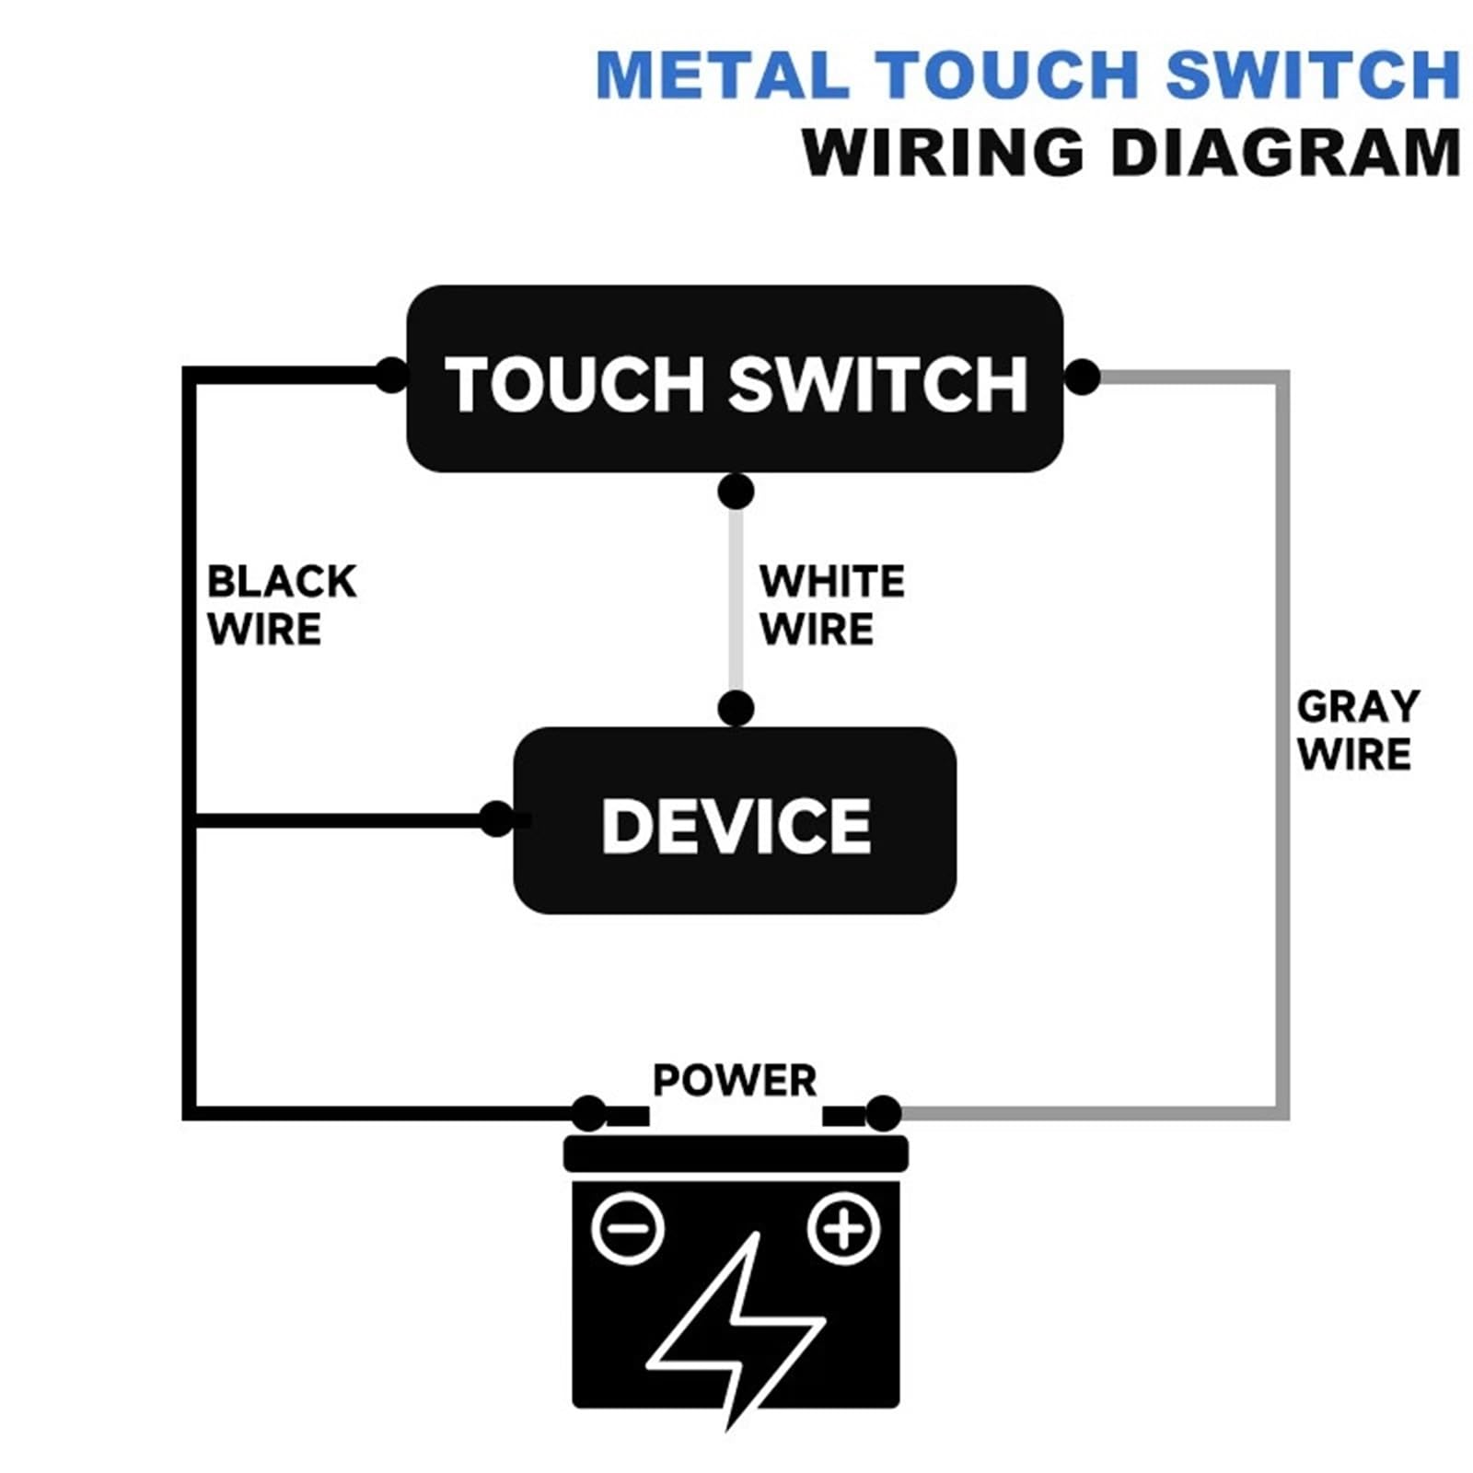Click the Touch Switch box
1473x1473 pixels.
(735, 378)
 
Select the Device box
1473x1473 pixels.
(735, 820)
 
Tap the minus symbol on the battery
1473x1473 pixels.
(628, 1228)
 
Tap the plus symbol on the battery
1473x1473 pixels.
(843, 1228)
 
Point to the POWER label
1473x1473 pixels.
(735, 1081)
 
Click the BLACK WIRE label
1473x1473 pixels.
(282, 606)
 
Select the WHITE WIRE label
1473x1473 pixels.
(832, 606)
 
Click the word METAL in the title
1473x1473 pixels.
(723, 75)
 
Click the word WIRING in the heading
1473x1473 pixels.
(944, 152)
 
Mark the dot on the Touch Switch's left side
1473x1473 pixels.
(391, 376)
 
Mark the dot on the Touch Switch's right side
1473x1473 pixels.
(1082, 377)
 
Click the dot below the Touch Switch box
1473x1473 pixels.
(736, 492)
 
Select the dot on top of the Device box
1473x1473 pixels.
(736, 709)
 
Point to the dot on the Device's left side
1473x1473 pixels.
(497, 818)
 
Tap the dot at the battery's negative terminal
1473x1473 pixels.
(589, 1114)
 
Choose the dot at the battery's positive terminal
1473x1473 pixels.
(884, 1114)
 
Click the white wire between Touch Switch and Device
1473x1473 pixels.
(736, 600)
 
